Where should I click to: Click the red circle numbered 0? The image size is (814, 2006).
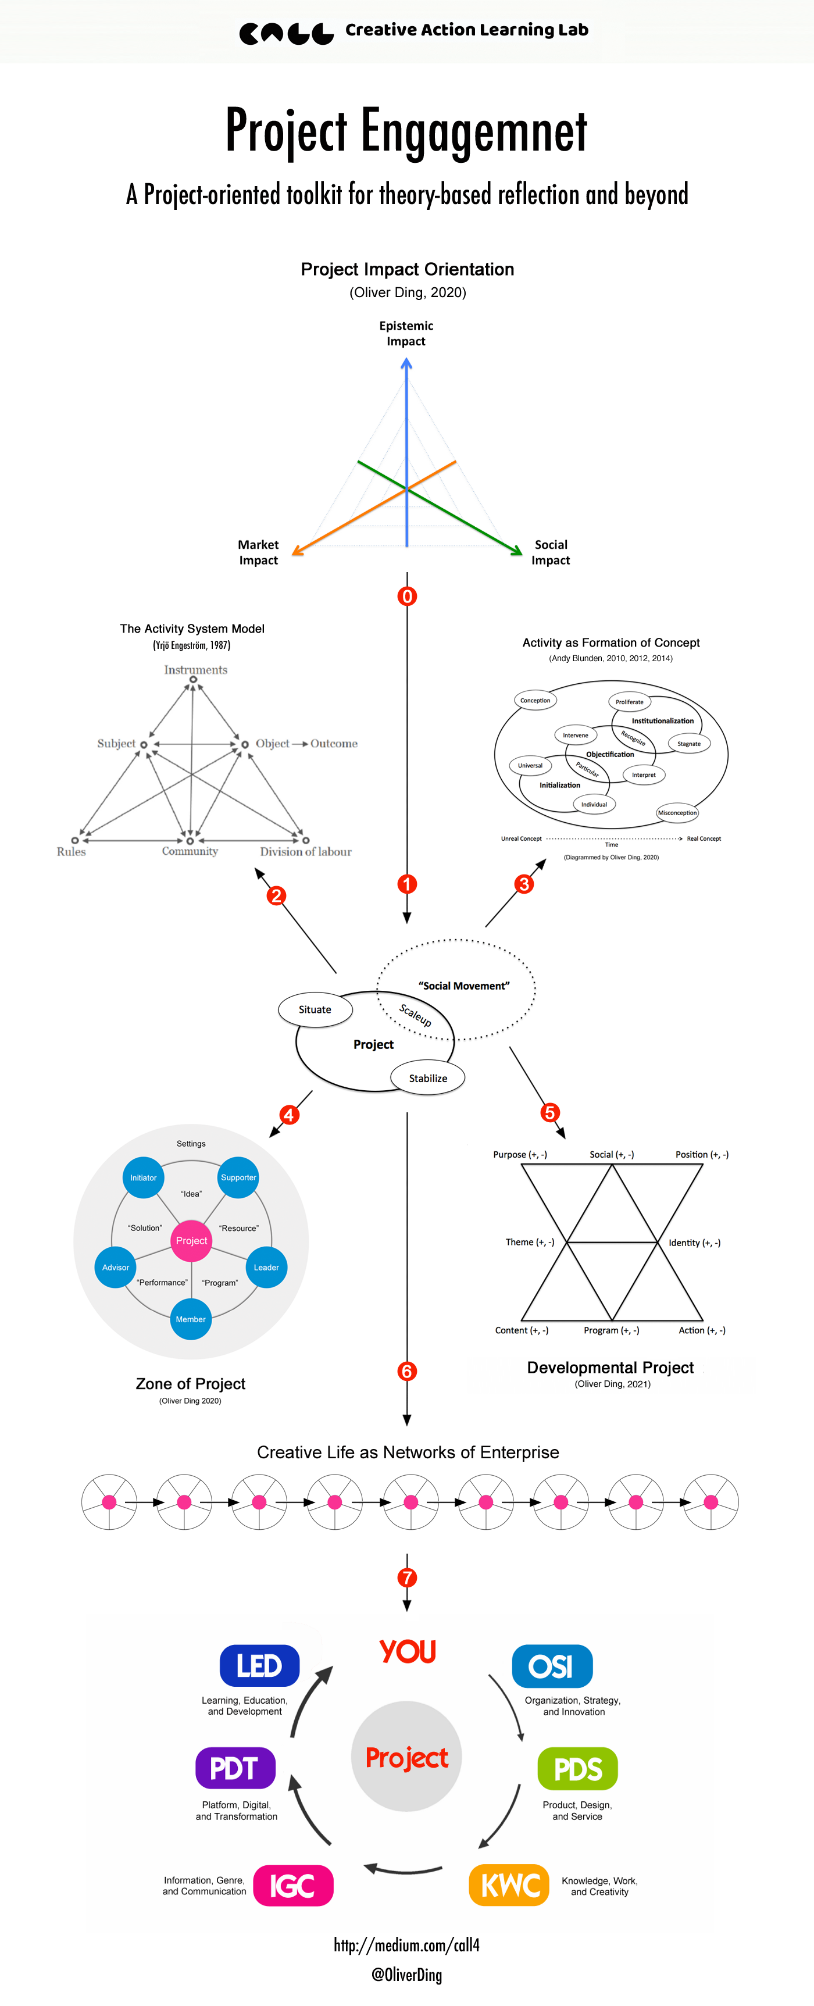[x=406, y=597]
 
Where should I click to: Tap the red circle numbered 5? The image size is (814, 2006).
[x=550, y=1112]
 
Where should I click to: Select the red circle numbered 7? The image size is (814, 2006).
[x=406, y=1577]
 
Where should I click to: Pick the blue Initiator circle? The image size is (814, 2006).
[x=144, y=1177]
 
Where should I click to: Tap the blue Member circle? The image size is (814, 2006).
[x=191, y=1319]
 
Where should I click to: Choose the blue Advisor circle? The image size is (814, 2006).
[x=115, y=1267]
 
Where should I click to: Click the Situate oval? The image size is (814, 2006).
[x=316, y=1010]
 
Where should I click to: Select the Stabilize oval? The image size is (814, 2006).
[x=428, y=1079]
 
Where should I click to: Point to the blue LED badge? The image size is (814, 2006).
[x=259, y=1666]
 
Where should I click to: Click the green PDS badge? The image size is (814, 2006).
[x=578, y=1769]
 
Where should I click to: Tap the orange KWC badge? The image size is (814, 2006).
[x=510, y=1885]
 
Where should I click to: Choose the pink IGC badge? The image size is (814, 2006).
[x=293, y=1885]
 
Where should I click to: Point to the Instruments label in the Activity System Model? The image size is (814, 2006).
[x=195, y=670]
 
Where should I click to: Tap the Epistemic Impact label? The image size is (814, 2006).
[x=406, y=333]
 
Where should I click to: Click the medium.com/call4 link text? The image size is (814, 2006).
[x=406, y=1944]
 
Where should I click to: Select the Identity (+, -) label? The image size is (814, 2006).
[x=694, y=1243]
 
